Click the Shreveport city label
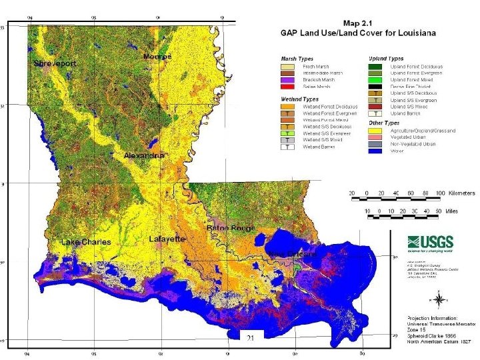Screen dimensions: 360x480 [x=55, y=63]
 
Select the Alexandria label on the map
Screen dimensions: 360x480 [x=144, y=155]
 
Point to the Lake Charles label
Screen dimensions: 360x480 [x=86, y=242]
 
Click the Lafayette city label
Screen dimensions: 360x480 [x=167, y=238]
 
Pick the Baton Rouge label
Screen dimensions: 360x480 [x=231, y=228]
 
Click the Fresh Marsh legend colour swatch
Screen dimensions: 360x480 [x=287, y=67]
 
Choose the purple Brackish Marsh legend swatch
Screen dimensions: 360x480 [x=287, y=79]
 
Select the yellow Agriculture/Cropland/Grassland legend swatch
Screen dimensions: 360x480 [x=375, y=131]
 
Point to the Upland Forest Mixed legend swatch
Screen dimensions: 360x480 [x=375, y=79]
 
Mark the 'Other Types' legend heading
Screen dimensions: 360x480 [x=383, y=123]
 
